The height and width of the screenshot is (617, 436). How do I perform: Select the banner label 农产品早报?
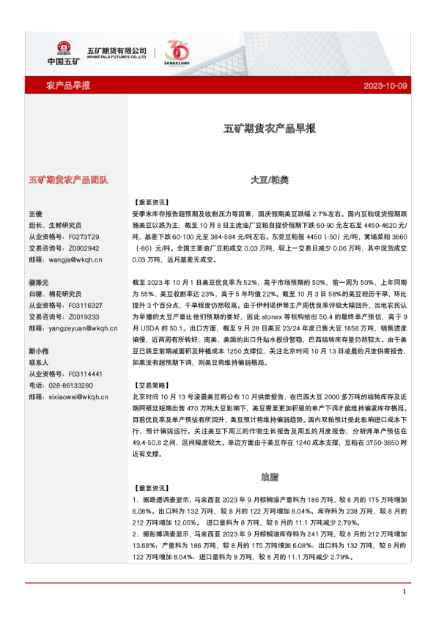click(x=68, y=86)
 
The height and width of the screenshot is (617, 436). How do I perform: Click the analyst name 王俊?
click(x=36, y=213)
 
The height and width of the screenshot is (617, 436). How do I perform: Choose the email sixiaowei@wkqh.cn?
click(x=74, y=396)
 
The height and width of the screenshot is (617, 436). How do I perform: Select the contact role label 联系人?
click(x=38, y=362)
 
